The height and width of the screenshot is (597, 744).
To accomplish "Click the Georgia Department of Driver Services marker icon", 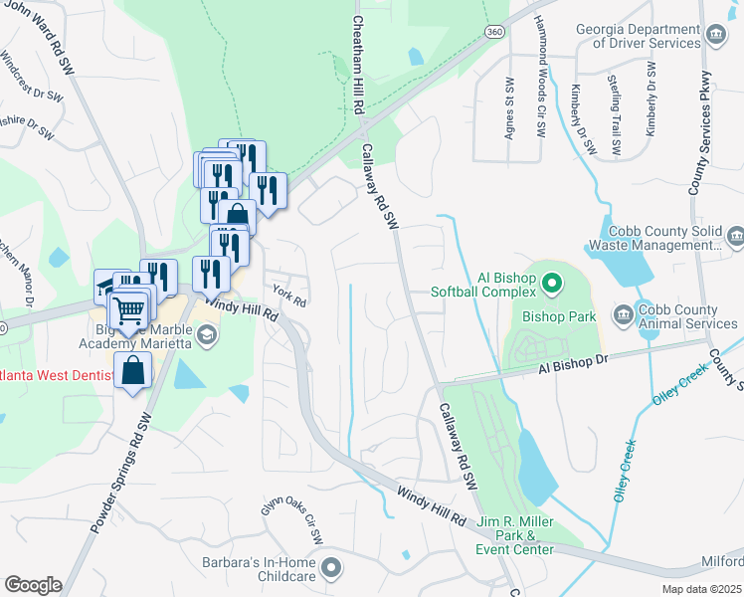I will pyautogui.click(x=715, y=37).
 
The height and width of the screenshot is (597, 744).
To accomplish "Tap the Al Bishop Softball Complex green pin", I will pyautogui.click(x=553, y=287).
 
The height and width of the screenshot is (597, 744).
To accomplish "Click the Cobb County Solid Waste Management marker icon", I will pyautogui.click(x=735, y=236).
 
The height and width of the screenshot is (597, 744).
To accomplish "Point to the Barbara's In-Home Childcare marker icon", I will pyautogui.click(x=331, y=568).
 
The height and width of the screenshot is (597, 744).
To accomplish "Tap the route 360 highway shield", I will pyautogui.click(x=493, y=32).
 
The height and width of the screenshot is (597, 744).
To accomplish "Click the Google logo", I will pyautogui.click(x=33, y=584).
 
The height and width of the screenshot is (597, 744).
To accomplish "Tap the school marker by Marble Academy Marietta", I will pyautogui.click(x=206, y=335).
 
